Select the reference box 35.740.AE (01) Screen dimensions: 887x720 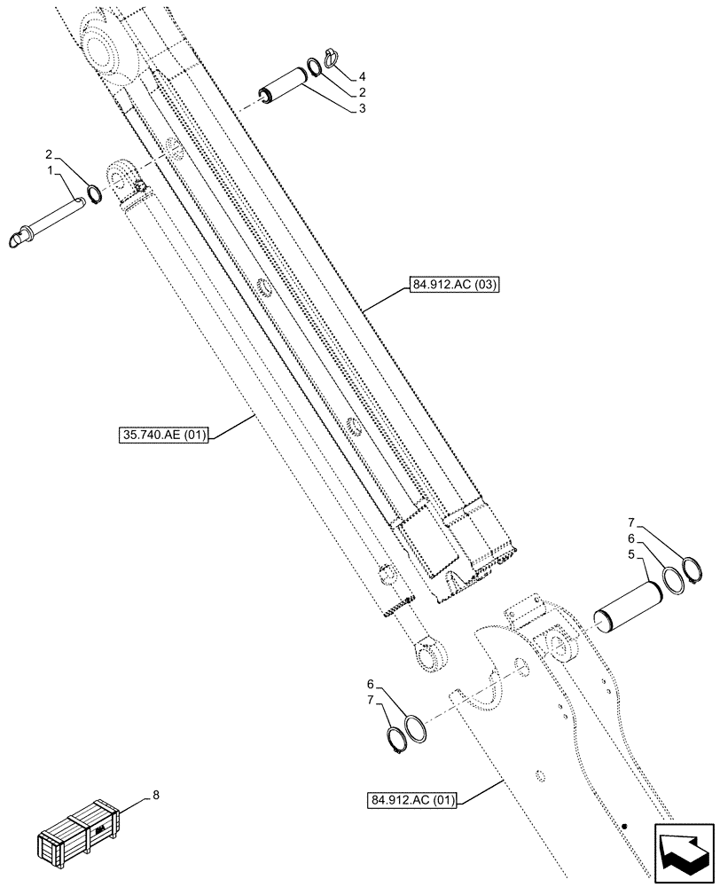pos(160,436)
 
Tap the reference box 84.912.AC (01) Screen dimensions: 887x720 pos(411,801)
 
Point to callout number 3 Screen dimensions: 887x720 pos(363,108)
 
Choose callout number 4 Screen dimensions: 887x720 pos(363,76)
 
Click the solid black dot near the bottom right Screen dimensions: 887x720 pos(624,827)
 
